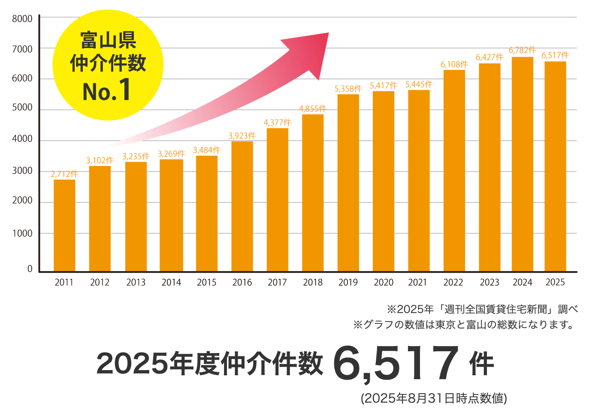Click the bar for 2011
(x=64, y=225)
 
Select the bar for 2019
(x=348, y=182)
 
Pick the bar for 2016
(x=242, y=206)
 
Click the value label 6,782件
(x=522, y=50)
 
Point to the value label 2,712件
(x=64, y=174)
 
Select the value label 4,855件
(x=313, y=109)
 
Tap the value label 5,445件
(x=419, y=84)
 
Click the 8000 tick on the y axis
(x=22, y=19)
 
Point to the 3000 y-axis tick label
(x=22, y=171)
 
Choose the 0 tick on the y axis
(x=30, y=269)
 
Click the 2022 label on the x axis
(x=453, y=282)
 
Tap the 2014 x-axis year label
(x=171, y=282)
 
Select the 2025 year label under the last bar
(x=555, y=282)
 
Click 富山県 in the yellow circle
(x=108, y=41)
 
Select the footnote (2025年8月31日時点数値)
(x=434, y=398)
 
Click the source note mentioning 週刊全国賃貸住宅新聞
(x=482, y=309)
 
